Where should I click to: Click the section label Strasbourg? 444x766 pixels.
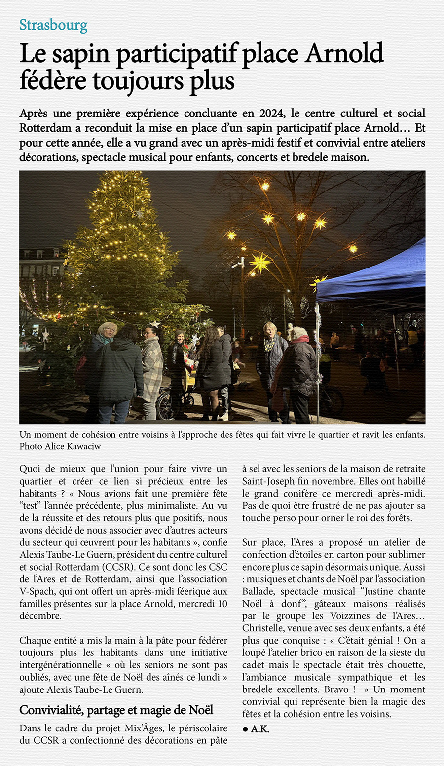point(53,25)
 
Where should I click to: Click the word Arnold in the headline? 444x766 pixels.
point(344,53)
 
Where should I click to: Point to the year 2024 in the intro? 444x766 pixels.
point(271,114)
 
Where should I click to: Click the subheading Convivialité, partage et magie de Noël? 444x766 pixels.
point(116,710)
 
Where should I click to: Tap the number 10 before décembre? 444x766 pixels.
point(222,604)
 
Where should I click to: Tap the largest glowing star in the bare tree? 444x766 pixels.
point(260,262)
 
